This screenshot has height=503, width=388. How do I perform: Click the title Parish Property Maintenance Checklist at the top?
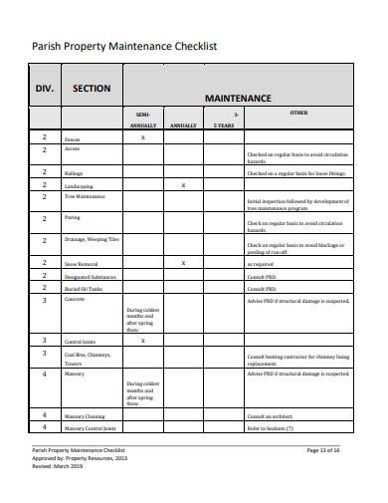[124, 46]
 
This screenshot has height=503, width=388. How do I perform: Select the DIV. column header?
[45, 89]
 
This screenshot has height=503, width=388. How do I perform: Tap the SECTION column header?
[92, 89]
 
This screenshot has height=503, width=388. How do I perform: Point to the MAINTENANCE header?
[238, 99]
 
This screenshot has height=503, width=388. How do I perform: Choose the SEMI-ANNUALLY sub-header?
[143, 120]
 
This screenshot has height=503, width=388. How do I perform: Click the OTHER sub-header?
[297, 114]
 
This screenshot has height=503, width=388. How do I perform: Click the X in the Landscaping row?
[183, 185]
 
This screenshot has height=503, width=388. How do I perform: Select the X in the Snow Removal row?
[183, 263]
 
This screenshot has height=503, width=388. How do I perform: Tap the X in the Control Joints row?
[143, 341]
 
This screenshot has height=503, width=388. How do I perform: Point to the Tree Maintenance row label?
[85, 197]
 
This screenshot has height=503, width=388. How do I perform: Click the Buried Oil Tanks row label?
[84, 288]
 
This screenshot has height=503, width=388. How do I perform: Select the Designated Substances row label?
[90, 276]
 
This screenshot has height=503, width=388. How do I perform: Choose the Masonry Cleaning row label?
[86, 415]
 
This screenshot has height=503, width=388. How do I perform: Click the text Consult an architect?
[271, 415]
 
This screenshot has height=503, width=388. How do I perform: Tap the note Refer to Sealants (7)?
[270, 428]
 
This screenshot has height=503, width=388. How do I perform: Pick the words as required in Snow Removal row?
[260, 264]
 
